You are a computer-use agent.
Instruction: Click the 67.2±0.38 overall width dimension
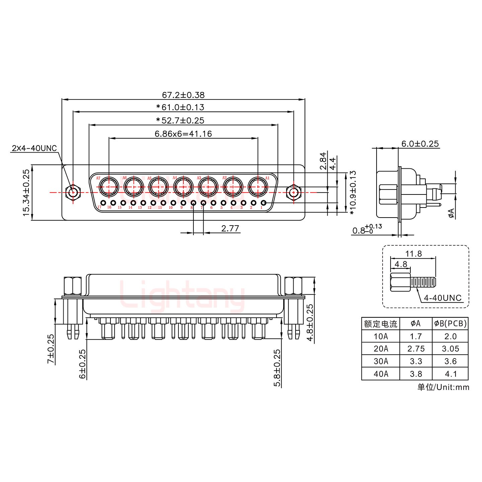click(183, 95)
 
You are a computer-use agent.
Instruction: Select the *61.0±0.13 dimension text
click(180, 107)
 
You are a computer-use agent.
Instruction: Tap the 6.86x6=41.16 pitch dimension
click(183, 134)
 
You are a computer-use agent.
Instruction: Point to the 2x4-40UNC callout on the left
click(34, 148)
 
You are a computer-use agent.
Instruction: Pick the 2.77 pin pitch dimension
click(230, 228)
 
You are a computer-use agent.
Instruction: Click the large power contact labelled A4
click(183, 186)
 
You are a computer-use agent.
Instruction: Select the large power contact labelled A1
click(258, 186)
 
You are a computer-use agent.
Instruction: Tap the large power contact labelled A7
click(109, 186)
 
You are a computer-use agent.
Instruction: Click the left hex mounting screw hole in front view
click(73, 192)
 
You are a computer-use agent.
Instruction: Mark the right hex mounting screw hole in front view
click(294, 192)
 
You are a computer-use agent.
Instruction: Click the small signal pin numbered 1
click(263, 203)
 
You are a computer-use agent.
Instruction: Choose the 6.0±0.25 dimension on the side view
click(420, 144)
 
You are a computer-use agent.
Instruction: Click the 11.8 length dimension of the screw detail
click(413, 254)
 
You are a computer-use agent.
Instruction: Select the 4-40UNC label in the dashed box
click(443, 298)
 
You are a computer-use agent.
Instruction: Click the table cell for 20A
click(381, 349)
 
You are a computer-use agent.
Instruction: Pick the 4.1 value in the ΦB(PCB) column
click(450, 374)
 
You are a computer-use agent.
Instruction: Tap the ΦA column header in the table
click(416, 324)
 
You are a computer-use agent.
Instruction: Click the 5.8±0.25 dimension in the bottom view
click(277, 368)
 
